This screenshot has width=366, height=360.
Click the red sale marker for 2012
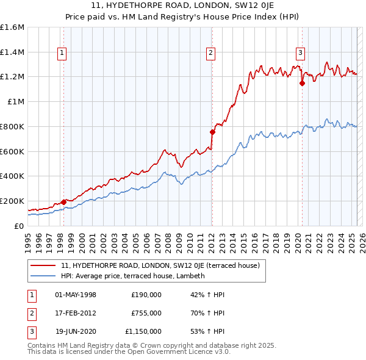(212, 132)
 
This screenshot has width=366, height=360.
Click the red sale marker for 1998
(63, 202)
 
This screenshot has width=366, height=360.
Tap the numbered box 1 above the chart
(62, 54)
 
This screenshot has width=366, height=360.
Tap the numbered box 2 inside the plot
(210, 54)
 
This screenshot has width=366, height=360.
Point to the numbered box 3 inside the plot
(301, 54)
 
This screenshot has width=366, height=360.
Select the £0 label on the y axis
(20, 226)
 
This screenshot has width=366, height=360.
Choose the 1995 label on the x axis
(27, 242)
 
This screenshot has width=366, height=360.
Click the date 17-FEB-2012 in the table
(76, 313)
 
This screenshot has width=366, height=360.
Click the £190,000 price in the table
(146, 295)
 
